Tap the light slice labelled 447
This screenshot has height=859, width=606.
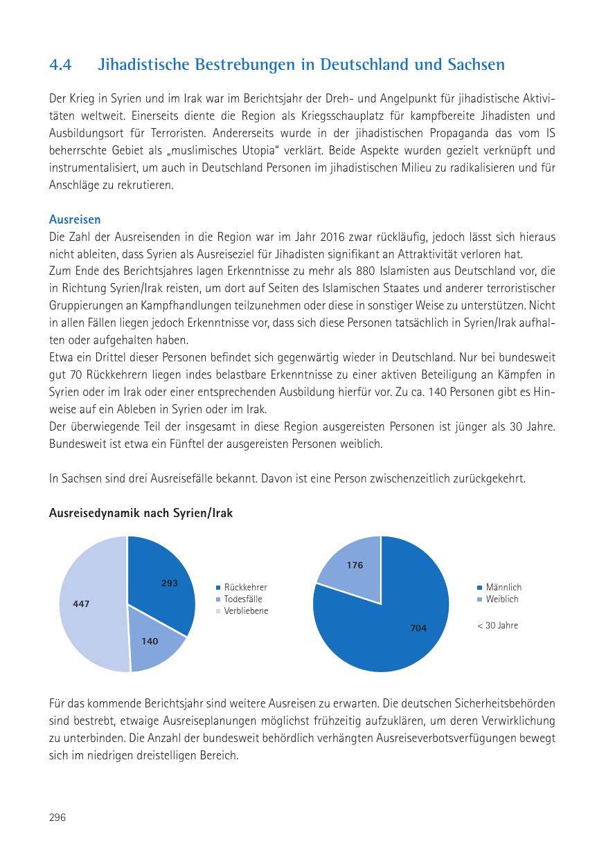pos(87,604)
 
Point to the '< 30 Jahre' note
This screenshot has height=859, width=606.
pos(497,626)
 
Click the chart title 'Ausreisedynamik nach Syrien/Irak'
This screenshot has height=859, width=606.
pos(141,514)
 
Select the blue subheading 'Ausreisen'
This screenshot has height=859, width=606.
pos(75,219)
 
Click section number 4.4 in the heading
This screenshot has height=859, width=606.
pos(61,65)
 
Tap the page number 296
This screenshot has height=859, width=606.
pos(57,817)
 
